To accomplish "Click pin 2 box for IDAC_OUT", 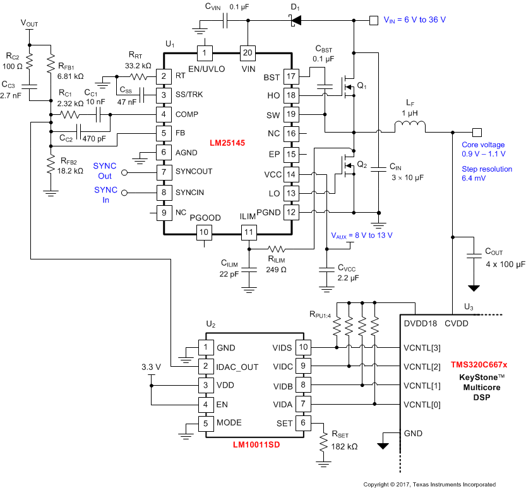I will pyautogui.click(x=205, y=366).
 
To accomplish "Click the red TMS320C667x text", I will pyautogui.click(x=479, y=364).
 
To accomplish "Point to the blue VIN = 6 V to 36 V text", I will pyautogui.click(x=414, y=20).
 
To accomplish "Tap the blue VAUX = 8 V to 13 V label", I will pyautogui.click(x=361, y=235).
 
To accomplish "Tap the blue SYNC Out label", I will pyautogui.click(x=105, y=170).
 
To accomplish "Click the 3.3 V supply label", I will pyautogui.click(x=152, y=366).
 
